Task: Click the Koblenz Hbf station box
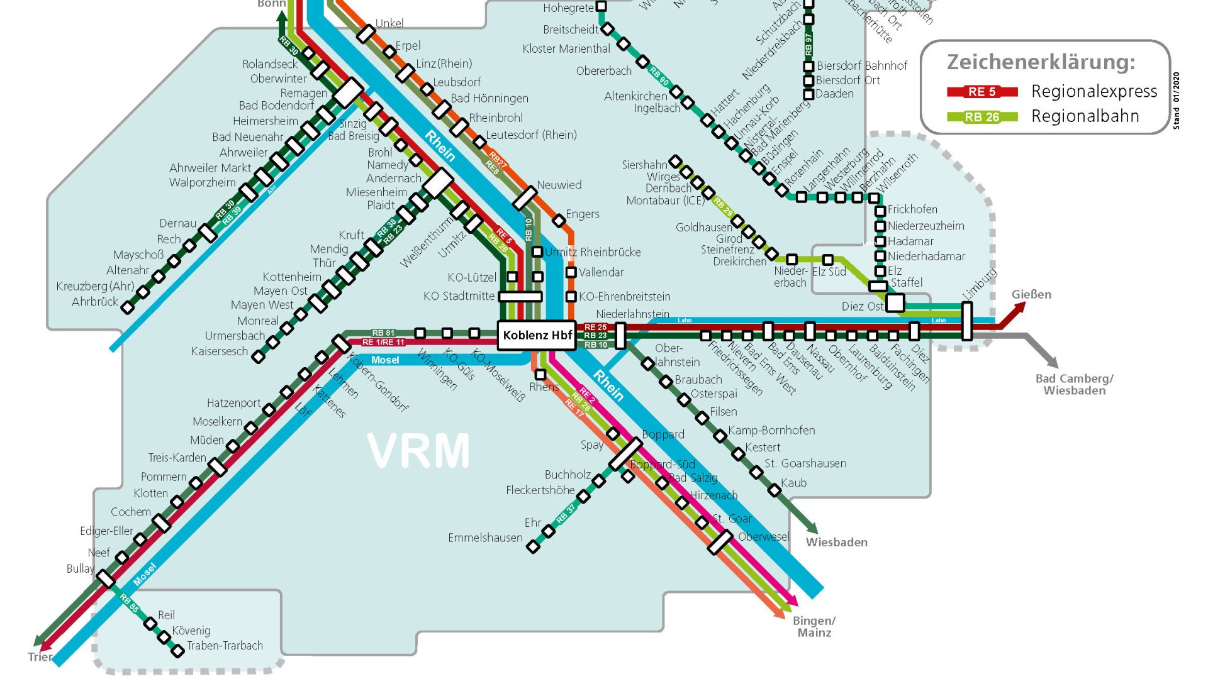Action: pyautogui.click(x=537, y=335)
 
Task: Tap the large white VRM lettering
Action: pyautogui.click(x=418, y=451)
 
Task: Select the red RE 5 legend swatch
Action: pyautogui.click(x=981, y=92)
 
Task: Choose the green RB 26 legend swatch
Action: pyautogui.click(x=981, y=117)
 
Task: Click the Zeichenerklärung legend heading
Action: pyautogui.click(x=1041, y=62)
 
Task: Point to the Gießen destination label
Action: pyautogui.click(x=1031, y=294)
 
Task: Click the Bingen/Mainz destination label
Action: pyautogui.click(x=814, y=626)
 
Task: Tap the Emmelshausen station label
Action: pyautogui.click(x=485, y=538)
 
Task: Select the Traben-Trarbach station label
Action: pyautogui.click(x=225, y=646)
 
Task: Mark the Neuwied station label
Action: pyautogui.click(x=559, y=185)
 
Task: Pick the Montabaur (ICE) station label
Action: pyautogui.click(x=665, y=201)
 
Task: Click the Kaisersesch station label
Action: pyautogui.click(x=220, y=351)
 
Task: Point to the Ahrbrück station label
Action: pyautogui.click(x=95, y=302)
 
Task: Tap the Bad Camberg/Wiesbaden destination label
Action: pyautogui.click(x=1074, y=384)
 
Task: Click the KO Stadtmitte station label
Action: pyautogui.click(x=459, y=296)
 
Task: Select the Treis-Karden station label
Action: pyautogui.click(x=177, y=458)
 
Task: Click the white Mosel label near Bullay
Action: pyautogui.click(x=144, y=574)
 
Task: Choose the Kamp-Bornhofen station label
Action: pyautogui.click(x=771, y=430)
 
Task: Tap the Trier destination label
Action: pyautogui.click(x=40, y=656)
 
